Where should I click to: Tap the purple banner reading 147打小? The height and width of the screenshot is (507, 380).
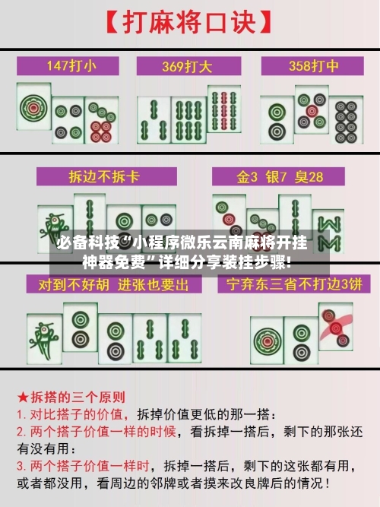click(71, 65)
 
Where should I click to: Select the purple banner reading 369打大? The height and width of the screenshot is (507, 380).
click(189, 65)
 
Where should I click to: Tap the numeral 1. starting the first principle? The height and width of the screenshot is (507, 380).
click(22, 415)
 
